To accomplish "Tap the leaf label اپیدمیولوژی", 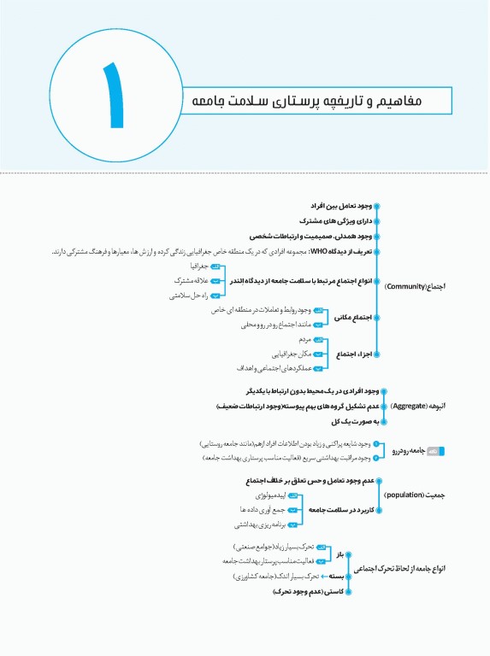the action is tap(264, 495).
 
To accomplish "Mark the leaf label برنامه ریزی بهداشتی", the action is tap(256, 525).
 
